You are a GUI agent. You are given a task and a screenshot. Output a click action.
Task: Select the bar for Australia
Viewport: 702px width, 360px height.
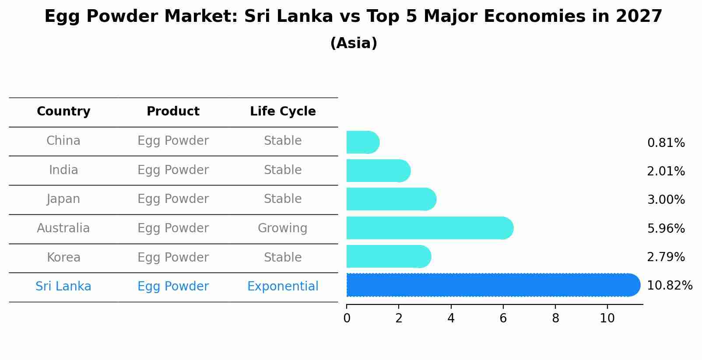(x=429, y=228)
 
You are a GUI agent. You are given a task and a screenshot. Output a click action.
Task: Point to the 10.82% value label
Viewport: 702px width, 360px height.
(x=669, y=286)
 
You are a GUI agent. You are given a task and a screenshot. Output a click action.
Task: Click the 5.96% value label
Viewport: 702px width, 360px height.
(x=666, y=228)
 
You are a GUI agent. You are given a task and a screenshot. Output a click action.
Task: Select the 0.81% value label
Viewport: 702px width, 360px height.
(x=666, y=143)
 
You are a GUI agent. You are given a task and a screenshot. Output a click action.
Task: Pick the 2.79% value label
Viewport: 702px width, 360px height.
(x=666, y=257)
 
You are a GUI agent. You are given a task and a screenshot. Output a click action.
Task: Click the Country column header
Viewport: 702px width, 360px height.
(x=63, y=112)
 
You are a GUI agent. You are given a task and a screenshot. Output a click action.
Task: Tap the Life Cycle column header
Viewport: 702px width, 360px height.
(x=283, y=112)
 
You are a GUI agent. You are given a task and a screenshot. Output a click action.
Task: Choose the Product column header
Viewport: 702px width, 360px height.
(x=173, y=112)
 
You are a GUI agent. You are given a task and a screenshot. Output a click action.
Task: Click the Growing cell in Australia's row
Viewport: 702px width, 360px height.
(x=282, y=228)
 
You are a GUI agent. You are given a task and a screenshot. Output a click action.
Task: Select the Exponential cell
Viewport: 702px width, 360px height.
(x=283, y=287)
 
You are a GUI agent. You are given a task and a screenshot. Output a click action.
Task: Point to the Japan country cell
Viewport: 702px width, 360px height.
(x=63, y=199)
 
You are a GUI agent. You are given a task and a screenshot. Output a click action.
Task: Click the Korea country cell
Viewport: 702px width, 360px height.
(x=63, y=257)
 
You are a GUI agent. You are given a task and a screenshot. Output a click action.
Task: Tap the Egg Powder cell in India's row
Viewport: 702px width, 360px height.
(x=173, y=170)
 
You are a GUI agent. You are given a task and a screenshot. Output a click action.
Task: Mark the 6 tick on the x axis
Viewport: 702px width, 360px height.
(x=503, y=318)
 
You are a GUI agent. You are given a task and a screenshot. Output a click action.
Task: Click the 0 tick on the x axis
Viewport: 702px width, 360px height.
(x=347, y=318)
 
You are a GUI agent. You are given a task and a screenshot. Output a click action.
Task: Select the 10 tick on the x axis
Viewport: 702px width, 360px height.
(x=607, y=318)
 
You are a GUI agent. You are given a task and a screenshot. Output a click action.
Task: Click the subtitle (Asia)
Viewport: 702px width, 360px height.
(x=354, y=43)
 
